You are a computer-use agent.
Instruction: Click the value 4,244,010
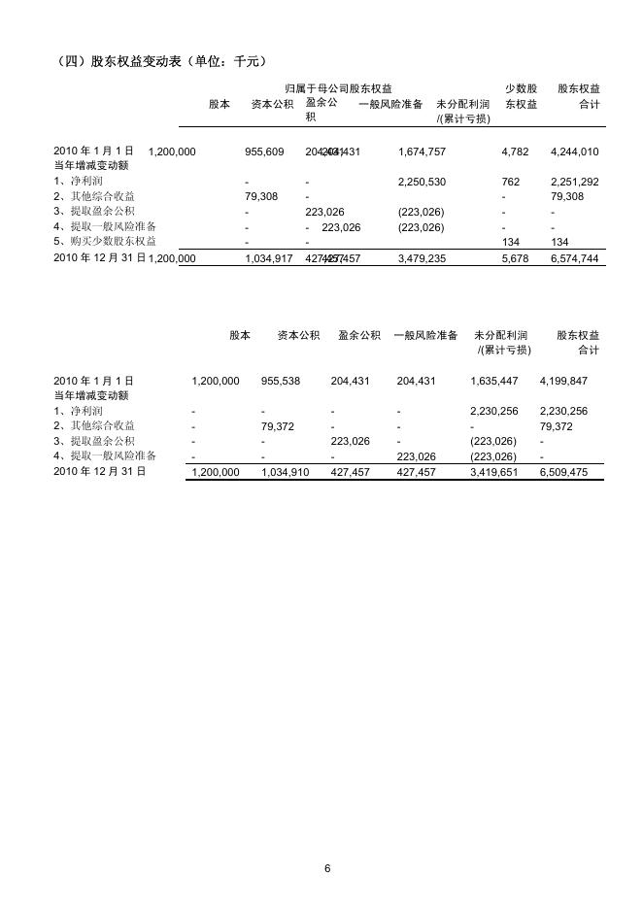pos(574,152)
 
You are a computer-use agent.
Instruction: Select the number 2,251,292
pos(574,182)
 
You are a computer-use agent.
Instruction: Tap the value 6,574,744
pos(574,258)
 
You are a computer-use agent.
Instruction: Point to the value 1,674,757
pos(422,152)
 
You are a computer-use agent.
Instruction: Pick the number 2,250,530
pos(422,182)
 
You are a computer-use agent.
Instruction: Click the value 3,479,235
pos(422,258)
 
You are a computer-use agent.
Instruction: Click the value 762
pos(510,182)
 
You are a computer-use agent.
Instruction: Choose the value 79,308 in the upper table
pos(261,196)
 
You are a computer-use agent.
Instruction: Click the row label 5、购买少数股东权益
pos(105,241)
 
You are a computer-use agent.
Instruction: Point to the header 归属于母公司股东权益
pos(338,88)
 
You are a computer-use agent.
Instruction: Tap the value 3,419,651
pos(493,472)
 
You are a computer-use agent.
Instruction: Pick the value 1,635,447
pos(493,382)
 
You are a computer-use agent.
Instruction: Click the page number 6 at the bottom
pos(327,868)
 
